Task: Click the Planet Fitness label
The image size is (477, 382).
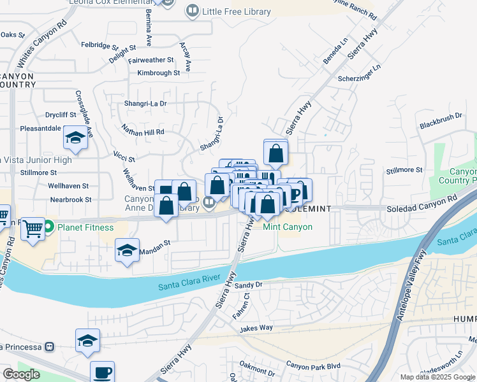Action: [85, 227]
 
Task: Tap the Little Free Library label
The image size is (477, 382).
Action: [236, 11]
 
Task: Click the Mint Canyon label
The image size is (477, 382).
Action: [288, 227]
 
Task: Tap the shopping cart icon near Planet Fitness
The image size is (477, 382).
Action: [33, 228]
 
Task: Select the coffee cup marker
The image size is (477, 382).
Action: [101, 372]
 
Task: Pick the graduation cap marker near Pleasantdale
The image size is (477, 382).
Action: [75, 138]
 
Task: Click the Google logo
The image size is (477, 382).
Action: [21, 374]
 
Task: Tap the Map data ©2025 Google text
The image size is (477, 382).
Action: [438, 377]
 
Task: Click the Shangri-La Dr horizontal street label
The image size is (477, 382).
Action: [145, 103]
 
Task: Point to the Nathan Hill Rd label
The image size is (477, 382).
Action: [143, 132]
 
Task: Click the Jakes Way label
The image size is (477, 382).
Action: [256, 329]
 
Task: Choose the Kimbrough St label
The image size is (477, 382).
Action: [158, 73]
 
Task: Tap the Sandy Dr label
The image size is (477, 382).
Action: [249, 285]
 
